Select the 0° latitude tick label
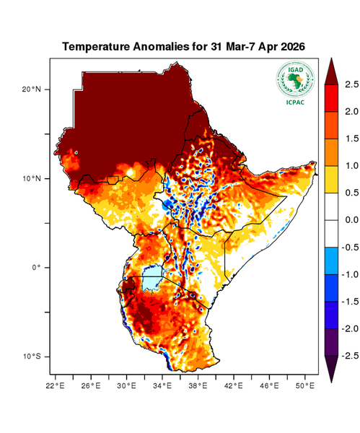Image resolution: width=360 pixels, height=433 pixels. pos(35,267)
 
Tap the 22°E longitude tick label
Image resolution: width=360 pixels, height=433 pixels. pos(56,385)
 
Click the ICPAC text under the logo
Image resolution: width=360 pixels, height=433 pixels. pos(294,102)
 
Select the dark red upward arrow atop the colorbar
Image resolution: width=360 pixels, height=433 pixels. pos(333,70)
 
